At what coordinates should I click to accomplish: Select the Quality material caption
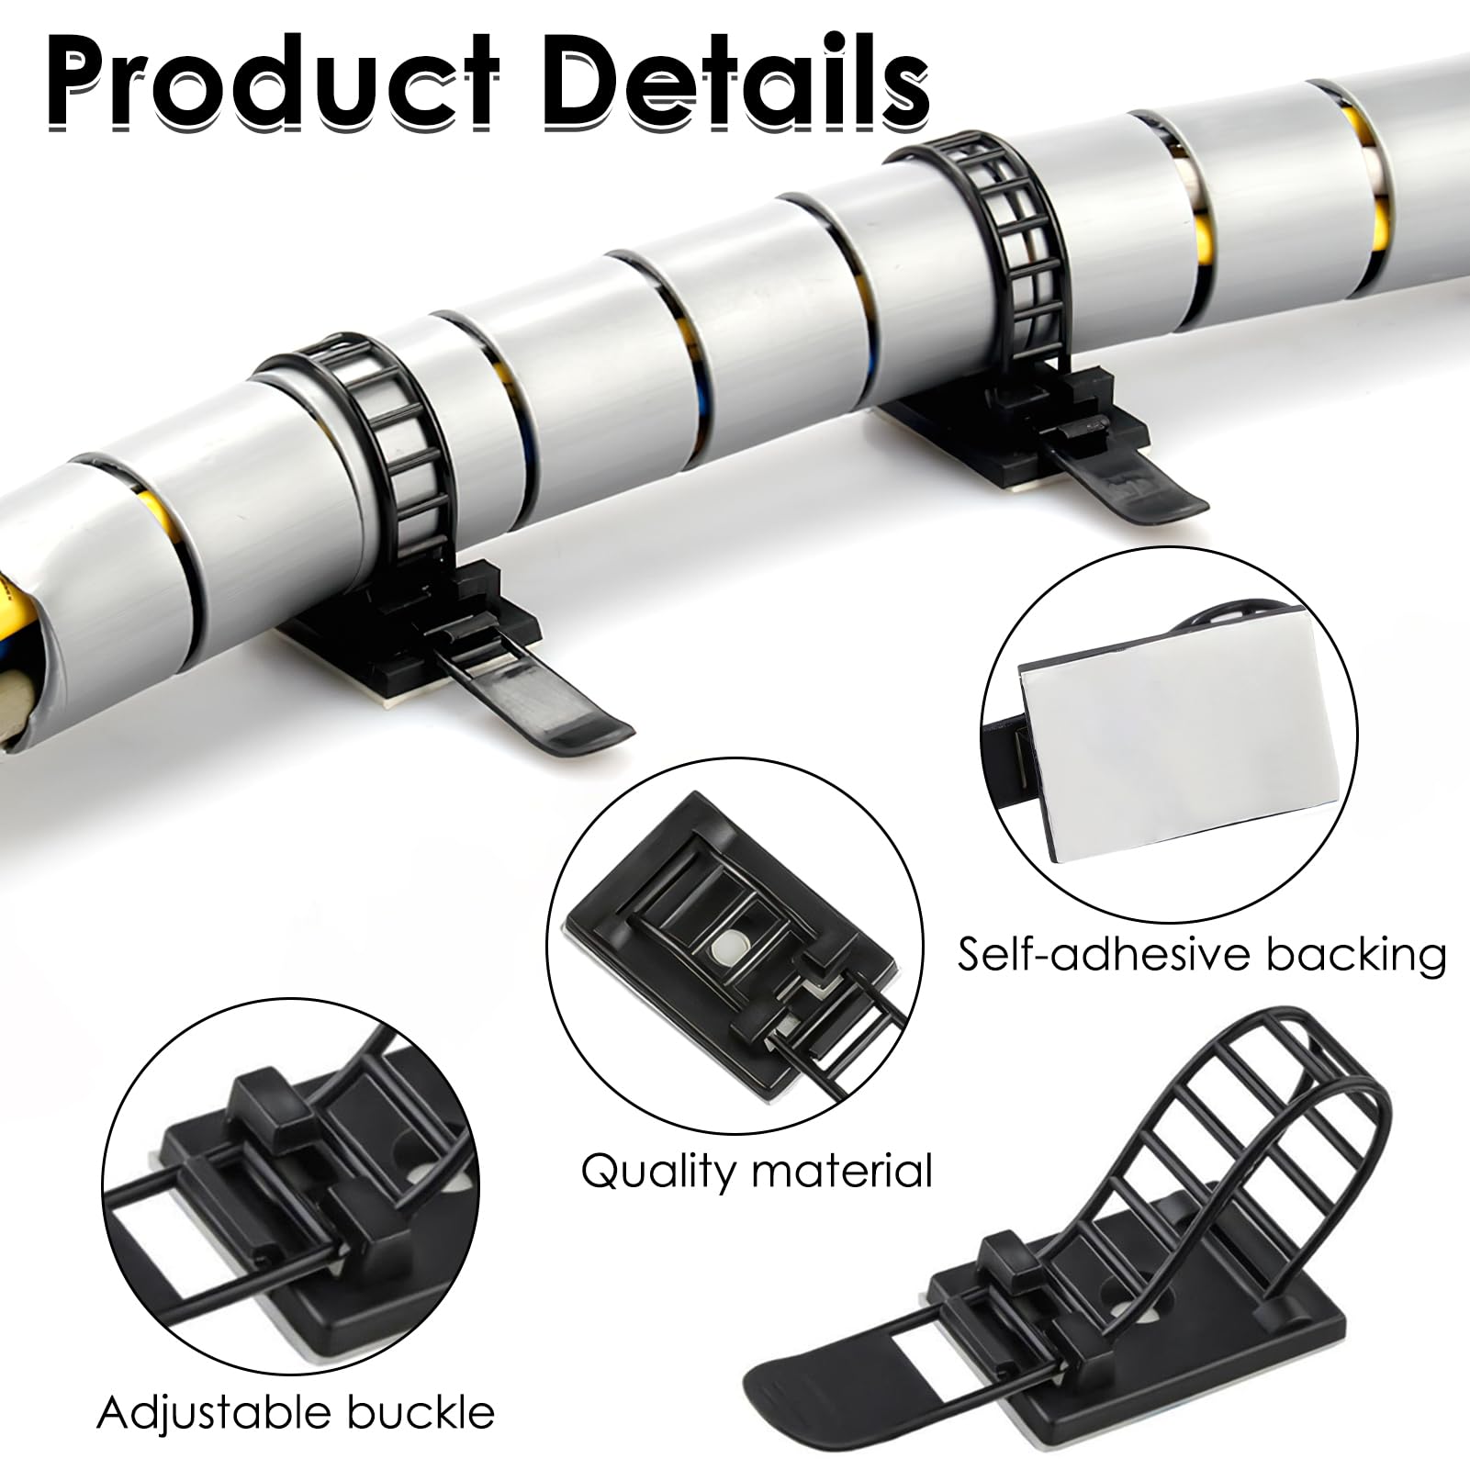(757, 1172)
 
